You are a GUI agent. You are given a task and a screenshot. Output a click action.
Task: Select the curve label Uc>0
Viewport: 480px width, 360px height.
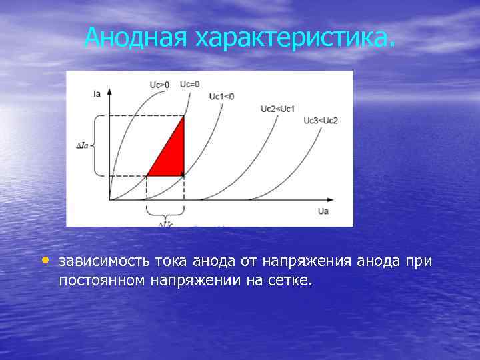[159, 85]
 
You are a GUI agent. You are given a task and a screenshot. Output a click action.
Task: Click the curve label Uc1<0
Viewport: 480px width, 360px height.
[221, 97]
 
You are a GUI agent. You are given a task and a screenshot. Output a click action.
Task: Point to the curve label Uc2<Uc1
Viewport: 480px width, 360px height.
[277, 109]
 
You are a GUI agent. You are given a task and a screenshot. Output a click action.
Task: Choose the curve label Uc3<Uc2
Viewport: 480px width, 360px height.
[321, 120]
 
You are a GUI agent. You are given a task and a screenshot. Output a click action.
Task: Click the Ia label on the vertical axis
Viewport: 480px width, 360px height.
[97, 95]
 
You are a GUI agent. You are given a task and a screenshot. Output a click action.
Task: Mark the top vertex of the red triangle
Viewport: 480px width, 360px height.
[183, 117]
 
